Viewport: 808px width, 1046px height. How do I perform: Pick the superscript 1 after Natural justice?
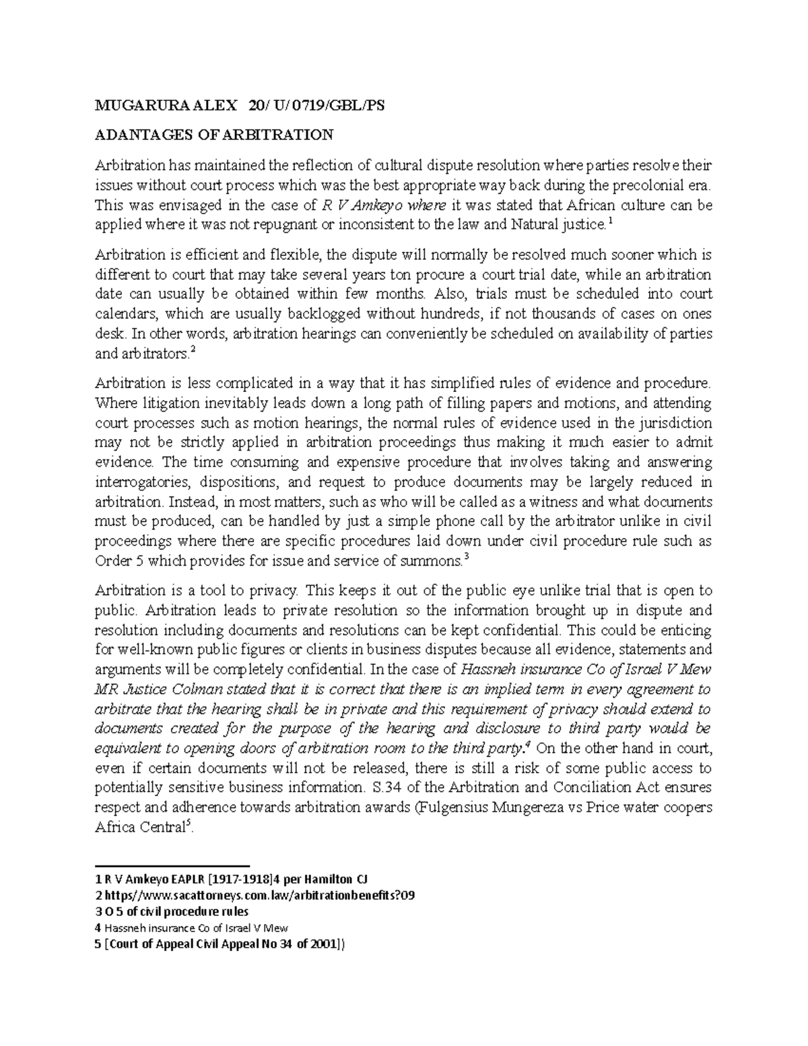coord(610,221)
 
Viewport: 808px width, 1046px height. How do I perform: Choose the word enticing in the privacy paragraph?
coord(686,630)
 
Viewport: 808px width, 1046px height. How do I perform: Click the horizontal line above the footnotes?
coord(172,865)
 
